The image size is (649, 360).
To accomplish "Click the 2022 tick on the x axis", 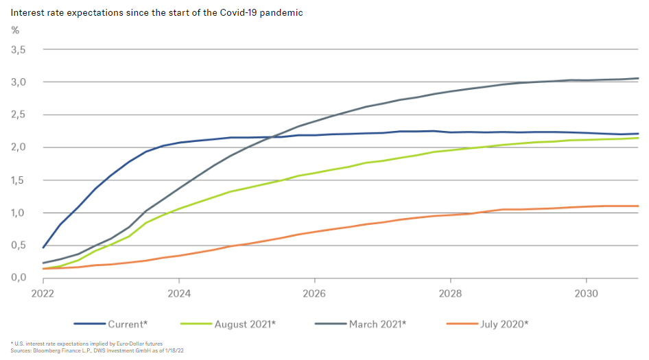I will [x=43, y=292].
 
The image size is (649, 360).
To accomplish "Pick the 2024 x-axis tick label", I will [x=178, y=292].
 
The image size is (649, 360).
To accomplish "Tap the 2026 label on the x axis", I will [x=314, y=292].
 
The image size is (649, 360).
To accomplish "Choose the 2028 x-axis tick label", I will [x=450, y=292].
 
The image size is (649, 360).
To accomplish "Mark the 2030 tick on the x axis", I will [x=585, y=292].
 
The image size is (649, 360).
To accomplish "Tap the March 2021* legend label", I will [x=377, y=322].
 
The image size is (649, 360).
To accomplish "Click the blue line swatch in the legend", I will [x=88, y=322].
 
